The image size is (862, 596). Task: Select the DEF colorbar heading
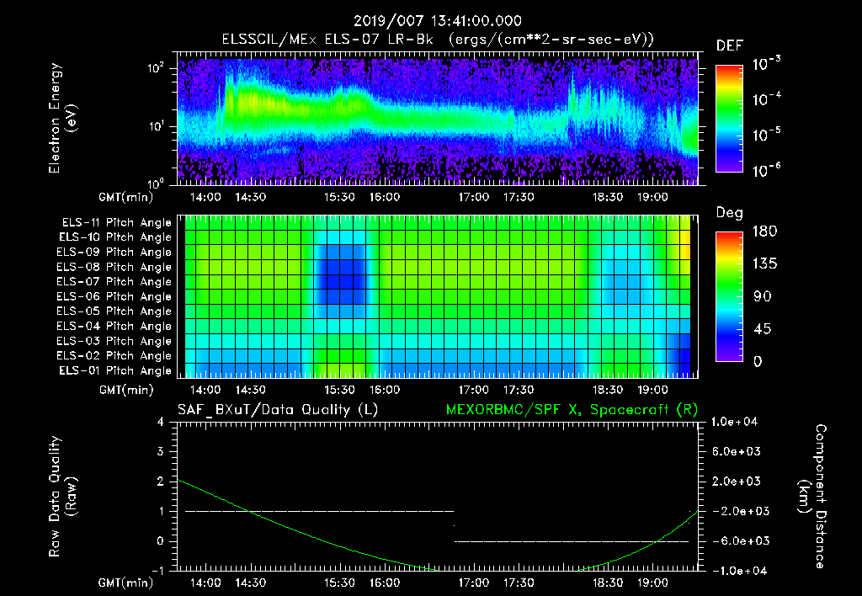pos(729,45)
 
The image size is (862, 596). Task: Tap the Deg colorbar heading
pos(729,212)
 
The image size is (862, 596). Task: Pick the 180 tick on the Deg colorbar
pos(760,231)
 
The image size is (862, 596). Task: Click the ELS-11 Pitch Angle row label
pos(116,223)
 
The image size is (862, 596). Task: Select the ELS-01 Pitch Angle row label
pos(116,370)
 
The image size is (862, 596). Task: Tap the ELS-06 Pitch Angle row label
pos(116,296)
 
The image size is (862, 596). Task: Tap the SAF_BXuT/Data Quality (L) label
pos(278,410)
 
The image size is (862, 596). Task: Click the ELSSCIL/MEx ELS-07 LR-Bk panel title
pos(438,39)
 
